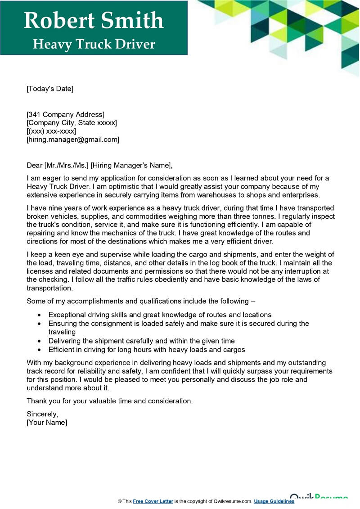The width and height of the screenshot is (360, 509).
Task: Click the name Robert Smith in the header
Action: [x=94, y=21]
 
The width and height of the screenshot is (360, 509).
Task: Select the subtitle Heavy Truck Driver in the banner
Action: [x=94, y=44]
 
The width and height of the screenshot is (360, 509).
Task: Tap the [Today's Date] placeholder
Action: [x=50, y=89]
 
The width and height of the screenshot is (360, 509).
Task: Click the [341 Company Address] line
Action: [x=65, y=114]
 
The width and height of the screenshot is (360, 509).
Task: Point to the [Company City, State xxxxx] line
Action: [x=72, y=122]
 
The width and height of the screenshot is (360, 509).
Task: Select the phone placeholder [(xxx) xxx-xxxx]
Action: [x=51, y=131]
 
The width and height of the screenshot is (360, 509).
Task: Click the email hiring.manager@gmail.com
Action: [x=73, y=140]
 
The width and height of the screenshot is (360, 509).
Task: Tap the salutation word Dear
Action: [x=35, y=165]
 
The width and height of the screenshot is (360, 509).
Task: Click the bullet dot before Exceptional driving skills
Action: [x=40, y=315]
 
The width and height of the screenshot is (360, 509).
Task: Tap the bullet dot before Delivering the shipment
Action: [x=40, y=341]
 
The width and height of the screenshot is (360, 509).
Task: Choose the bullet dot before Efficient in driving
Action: [x=40, y=350]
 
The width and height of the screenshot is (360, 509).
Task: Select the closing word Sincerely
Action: [x=42, y=414]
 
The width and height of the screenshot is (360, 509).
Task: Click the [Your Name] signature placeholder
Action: [x=47, y=423]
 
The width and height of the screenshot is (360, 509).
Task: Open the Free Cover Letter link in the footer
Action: [x=153, y=501]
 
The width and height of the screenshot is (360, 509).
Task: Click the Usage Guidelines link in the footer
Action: [x=274, y=501]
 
